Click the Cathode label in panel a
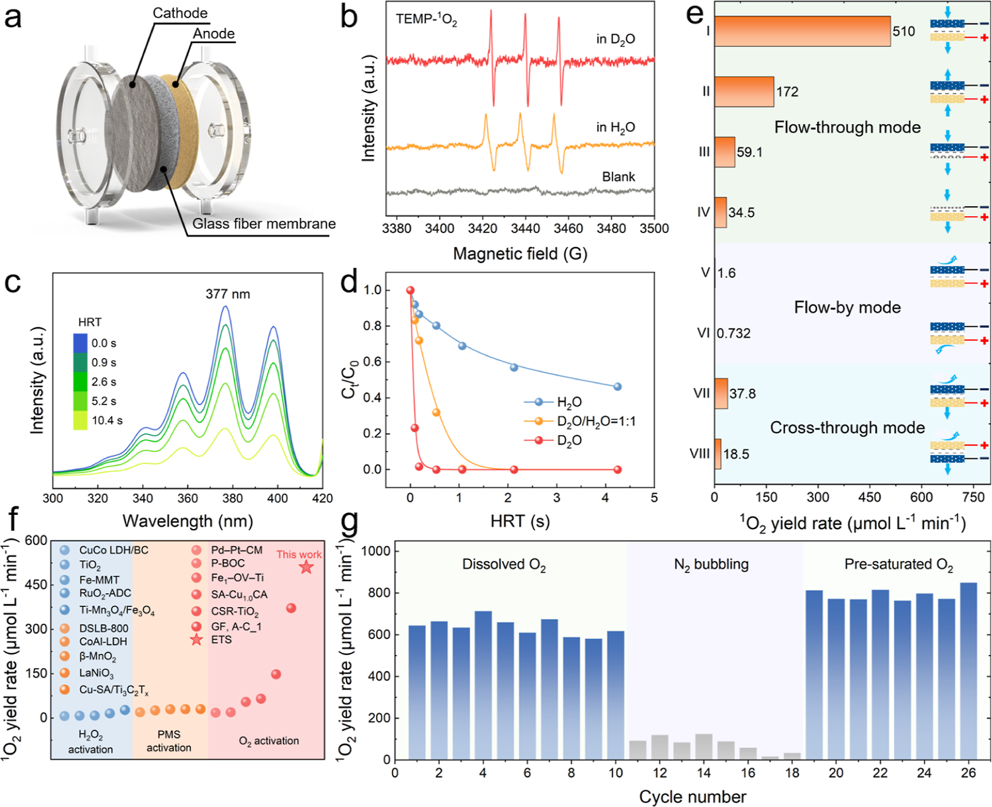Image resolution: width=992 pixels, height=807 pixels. point(180,13)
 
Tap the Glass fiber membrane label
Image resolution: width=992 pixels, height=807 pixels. point(264,224)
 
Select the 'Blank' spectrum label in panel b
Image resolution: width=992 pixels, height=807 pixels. point(619,177)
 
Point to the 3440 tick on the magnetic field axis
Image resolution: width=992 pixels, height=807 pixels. point(525,228)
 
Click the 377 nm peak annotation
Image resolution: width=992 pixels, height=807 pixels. point(228,294)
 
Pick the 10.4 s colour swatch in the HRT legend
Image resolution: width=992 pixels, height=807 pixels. point(80,420)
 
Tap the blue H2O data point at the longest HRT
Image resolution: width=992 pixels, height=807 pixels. point(617,387)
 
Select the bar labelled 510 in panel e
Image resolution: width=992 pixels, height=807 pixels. point(802,31)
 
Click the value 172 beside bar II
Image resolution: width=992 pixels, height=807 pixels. point(787,92)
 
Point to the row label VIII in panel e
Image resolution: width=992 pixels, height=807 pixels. point(699,454)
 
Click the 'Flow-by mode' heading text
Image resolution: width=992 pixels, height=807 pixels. point(847,307)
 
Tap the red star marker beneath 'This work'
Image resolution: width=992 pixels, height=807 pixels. point(306,567)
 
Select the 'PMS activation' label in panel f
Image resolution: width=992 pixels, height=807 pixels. point(169,741)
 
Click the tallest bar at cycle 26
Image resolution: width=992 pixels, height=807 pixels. point(968,671)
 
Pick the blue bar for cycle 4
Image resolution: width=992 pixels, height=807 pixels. point(483,685)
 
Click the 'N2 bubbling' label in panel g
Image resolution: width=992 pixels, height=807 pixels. point(711,565)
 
